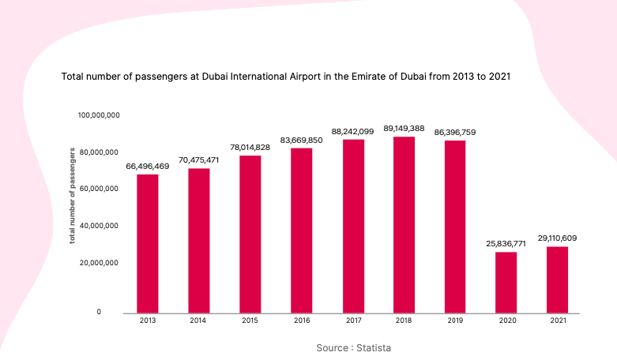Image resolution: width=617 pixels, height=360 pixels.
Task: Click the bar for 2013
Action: click(x=148, y=244)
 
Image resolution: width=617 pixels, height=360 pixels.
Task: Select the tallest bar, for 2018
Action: click(x=404, y=225)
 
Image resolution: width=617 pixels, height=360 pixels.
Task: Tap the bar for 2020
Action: click(x=506, y=283)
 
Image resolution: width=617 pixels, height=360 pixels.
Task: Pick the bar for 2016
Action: click(x=302, y=231)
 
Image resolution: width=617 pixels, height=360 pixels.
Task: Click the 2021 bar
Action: click(x=557, y=279)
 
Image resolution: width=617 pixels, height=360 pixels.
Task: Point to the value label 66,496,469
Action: click(x=148, y=167)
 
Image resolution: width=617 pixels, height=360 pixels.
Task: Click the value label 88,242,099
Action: click(x=352, y=132)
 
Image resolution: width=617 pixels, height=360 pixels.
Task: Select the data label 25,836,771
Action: click(x=506, y=244)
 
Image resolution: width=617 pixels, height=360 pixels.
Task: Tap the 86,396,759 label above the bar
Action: click(x=455, y=133)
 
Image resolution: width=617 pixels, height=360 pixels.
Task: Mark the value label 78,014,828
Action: click(x=250, y=148)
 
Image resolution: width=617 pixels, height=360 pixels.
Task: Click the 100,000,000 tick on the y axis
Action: click(x=99, y=115)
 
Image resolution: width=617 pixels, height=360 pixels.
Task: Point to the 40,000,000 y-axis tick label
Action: click(x=99, y=226)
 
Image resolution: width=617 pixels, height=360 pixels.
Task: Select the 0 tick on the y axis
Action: click(x=99, y=312)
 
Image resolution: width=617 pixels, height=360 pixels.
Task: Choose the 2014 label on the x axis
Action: click(x=198, y=321)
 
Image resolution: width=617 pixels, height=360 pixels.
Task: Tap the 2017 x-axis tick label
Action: click(x=354, y=321)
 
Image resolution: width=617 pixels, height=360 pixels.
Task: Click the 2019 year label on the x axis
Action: click(x=455, y=321)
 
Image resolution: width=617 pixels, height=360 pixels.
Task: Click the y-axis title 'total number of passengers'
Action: click(x=72, y=196)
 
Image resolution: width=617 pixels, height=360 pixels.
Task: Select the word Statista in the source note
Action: click(x=374, y=348)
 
